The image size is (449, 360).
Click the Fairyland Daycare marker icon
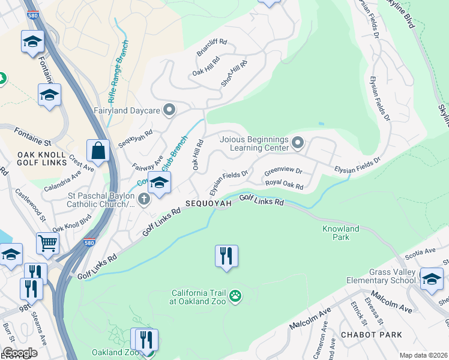coord(169,110)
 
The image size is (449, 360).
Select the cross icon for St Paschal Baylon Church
coord(143,199)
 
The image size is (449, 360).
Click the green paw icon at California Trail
coord(237,296)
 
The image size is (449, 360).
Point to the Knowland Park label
coord(340,233)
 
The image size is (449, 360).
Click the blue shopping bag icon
coord(98,151)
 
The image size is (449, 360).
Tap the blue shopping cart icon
coord(48,243)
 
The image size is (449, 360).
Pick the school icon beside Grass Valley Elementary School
coord(431,278)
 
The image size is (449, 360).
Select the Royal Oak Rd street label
coord(285,184)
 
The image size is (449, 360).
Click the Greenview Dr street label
coord(283,170)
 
